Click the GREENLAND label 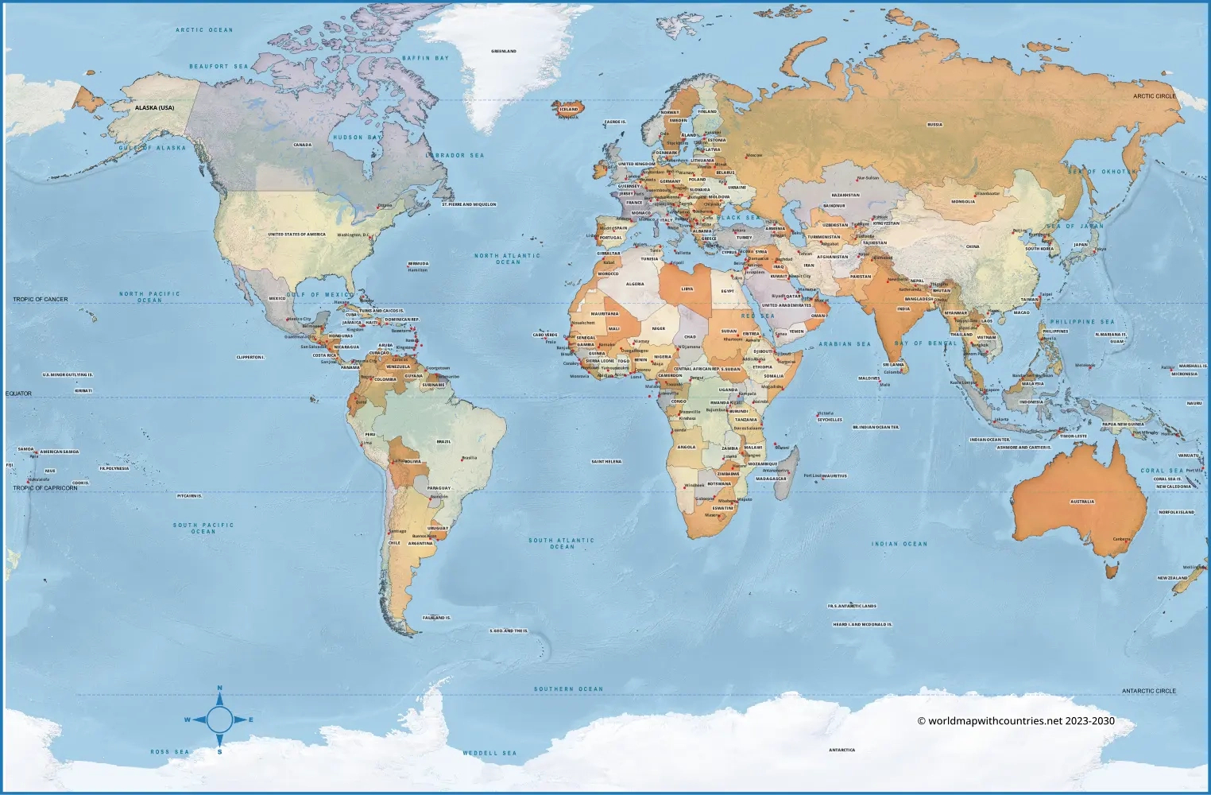[504, 51]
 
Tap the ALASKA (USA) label [154, 107]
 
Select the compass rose [220, 720]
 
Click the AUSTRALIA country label [1082, 502]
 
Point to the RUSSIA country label [935, 125]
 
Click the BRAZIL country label [443, 441]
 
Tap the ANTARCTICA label [842, 750]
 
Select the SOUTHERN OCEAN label [568, 689]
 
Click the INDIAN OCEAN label [900, 544]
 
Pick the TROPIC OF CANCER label [41, 300]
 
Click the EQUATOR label [19, 394]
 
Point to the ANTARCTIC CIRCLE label [1149, 691]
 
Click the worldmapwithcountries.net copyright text [1016, 721]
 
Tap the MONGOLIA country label [963, 201]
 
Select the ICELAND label [569, 109]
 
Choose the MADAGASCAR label [771, 479]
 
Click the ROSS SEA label [170, 751]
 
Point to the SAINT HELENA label [606, 461]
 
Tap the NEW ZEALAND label [1173, 578]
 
